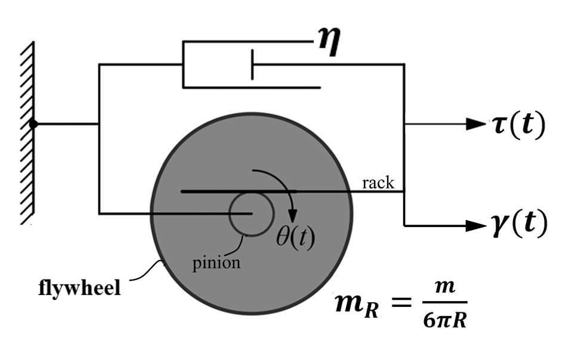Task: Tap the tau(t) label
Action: (514, 126)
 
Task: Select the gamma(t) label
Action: (514, 225)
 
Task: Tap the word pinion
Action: (217, 263)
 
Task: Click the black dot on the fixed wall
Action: (34, 124)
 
